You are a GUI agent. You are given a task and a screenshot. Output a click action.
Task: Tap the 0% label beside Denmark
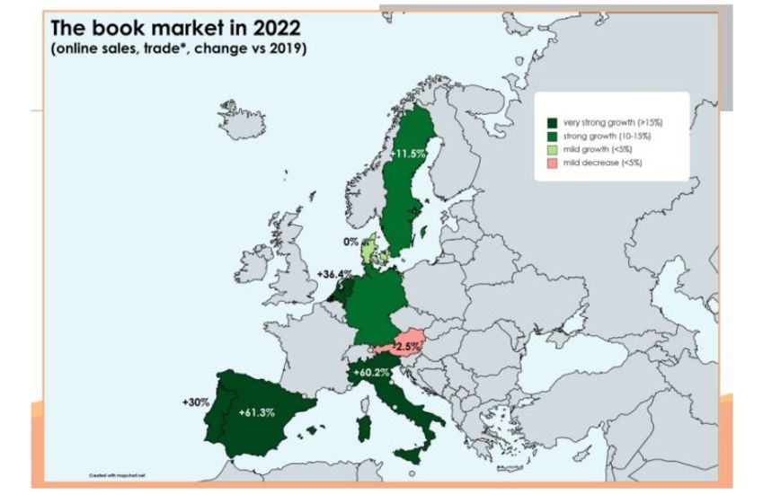(350, 242)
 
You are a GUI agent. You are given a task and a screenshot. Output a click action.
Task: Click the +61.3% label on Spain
(257, 412)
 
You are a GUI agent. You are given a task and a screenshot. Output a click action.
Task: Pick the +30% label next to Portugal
(195, 402)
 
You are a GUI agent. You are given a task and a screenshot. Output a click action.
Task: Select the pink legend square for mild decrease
(551, 164)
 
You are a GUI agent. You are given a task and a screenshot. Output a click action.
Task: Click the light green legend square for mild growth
(551, 149)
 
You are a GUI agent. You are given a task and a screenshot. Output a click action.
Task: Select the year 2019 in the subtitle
(287, 49)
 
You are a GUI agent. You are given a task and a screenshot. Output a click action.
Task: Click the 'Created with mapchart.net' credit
(112, 473)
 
